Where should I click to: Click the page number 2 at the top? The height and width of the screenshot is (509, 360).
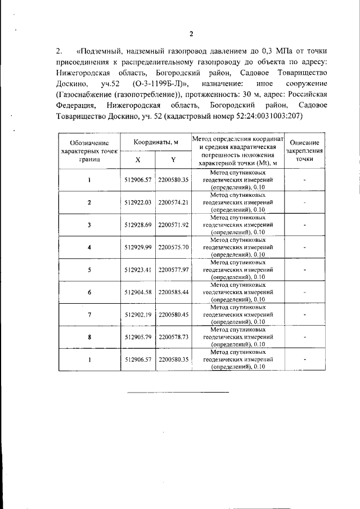(191, 34)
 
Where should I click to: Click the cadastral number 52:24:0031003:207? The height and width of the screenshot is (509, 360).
(265, 116)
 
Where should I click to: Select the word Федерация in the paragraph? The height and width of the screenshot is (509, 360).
(76, 106)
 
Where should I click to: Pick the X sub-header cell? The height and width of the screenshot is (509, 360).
(138, 159)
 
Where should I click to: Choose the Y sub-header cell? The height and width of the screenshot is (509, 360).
(173, 159)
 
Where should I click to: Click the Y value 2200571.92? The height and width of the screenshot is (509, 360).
(173, 224)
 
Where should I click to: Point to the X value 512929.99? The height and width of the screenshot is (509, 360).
(138, 247)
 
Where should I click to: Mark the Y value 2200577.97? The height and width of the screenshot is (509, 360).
(173, 269)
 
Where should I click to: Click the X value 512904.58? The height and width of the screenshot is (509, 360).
(138, 292)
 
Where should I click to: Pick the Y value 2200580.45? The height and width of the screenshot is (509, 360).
(173, 315)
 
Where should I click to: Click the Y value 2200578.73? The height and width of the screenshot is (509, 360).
(173, 337)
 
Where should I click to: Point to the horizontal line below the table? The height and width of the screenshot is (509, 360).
(163, 392)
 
